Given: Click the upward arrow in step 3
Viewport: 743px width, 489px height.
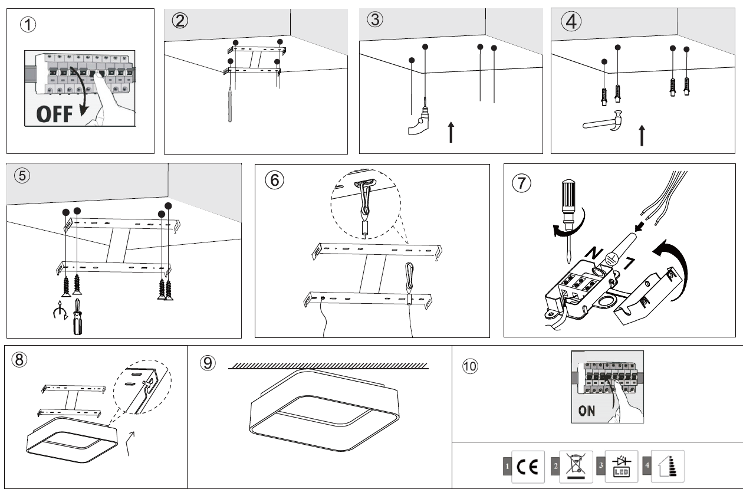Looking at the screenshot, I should click(451, 132).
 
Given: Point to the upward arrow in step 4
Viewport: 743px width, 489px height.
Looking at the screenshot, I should click(642, 135).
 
